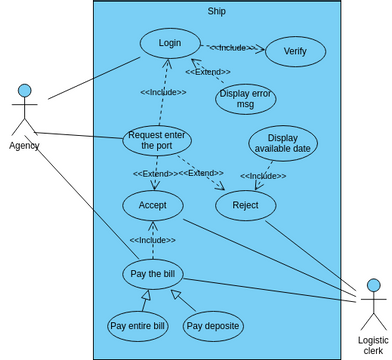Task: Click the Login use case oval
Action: (170, 43)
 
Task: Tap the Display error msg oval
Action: (246, 99)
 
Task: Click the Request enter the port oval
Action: (157, 140)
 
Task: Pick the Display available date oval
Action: (283, 143)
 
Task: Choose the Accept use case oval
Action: (152, 205)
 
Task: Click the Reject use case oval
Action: (246, 205)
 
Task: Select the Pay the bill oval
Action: (154, 273)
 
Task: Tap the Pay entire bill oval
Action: (137, 325)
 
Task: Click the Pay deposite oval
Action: (213, 325)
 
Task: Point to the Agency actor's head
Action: (24, 91)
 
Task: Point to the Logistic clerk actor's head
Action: (372, 287)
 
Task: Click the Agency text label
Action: (24, 146)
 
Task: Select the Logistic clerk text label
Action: (372, 346)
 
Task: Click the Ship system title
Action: (217, 11)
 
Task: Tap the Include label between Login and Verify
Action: (233, 46)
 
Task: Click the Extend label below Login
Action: (208, 72)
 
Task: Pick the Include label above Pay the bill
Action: (152, 240)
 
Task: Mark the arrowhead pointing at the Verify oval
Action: (264, 48)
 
